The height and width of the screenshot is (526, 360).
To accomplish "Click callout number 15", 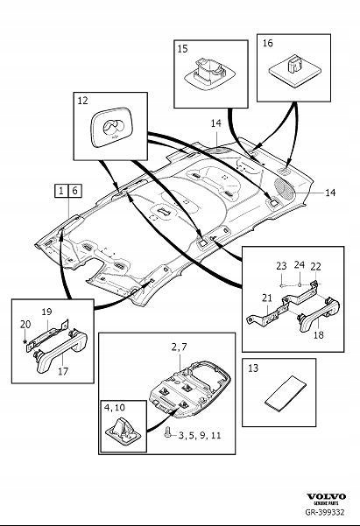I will pyautogui.click(x=182, y=51).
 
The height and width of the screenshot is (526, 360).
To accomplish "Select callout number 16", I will pyautogui.click(x=267, y=41).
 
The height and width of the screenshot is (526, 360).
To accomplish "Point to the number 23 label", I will pyautogui.click(x=281, y=266).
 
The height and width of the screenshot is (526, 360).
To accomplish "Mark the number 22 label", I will pyautogui.click(x=316, y=266).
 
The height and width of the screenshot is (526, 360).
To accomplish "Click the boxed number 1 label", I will pyautogui.click(x=59, y=190).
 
